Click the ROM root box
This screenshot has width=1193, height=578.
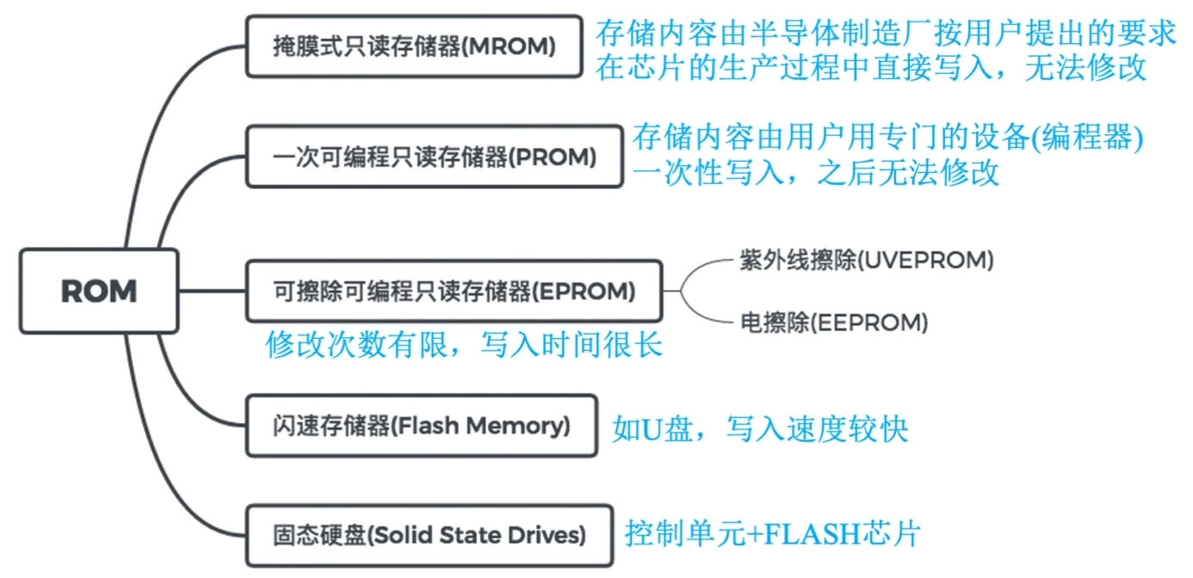click(x=99, y=291)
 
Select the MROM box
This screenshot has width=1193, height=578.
click(x=414, y=46)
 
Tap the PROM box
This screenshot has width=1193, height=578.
click(x=434, y=157)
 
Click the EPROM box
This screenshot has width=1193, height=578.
click(x=454, y=291)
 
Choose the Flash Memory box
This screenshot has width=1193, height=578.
click(x=421, y=426)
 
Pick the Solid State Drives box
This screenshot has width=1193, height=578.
click(x=430, y=535)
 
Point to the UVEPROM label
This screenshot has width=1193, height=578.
click(x=867, y=261)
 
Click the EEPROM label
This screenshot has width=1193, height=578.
click(x=834, y=323)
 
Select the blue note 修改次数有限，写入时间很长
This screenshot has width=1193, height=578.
click(x=464, y=345)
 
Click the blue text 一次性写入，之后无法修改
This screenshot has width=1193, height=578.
click(x=815, y=172)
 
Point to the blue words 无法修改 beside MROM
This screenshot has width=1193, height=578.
click(x=1085, y=68)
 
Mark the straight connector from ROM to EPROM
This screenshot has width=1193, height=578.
click(x=213, y=291)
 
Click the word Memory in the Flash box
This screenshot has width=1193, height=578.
click(x=517, y=427)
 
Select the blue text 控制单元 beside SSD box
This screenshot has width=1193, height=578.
click(x=685, y=534)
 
